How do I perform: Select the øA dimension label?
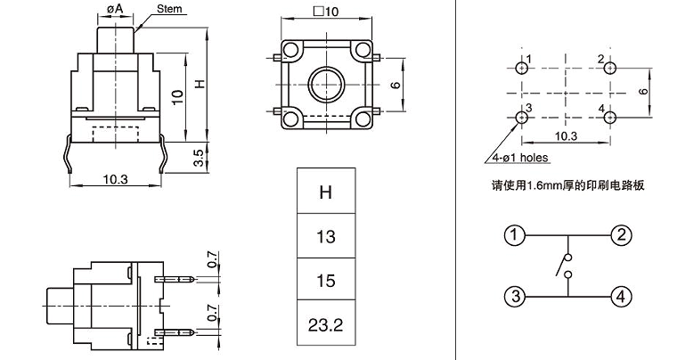point(114,8)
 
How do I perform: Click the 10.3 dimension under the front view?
point(115,179)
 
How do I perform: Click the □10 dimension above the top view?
point(327,12)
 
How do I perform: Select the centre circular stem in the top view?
point(325,86)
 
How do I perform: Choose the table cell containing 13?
point(326,237)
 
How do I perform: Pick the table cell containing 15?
point(326,281)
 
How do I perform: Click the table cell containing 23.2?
point(326,324)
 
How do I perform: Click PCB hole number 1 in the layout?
point(521,68)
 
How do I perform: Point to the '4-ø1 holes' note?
point(520,158)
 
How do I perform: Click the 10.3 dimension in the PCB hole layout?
point(567,136)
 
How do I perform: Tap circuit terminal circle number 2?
point(620,236)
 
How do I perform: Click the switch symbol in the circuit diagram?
point(563,266)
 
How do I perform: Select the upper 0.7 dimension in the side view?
point(211,260)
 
